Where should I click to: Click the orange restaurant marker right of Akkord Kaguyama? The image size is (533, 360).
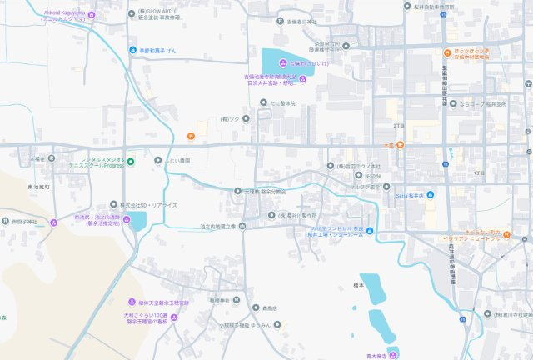191,136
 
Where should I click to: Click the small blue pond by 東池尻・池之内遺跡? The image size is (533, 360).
137,221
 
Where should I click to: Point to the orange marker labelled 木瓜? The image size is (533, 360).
401,146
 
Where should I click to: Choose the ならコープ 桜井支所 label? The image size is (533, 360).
484,104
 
